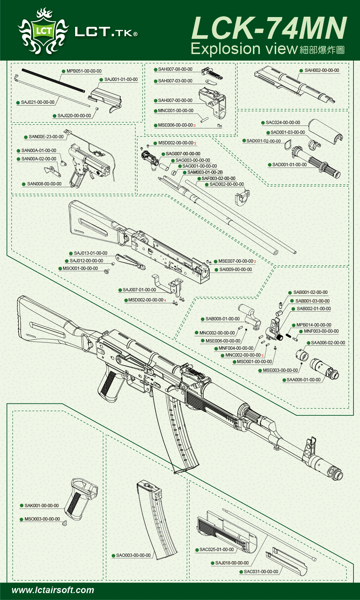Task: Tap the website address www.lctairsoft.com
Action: [53, 590]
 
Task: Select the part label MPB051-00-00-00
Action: [84, 71]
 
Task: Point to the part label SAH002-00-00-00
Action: [322, 70]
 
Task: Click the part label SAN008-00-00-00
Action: [44, 184]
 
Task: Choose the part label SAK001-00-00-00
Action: [41, 505]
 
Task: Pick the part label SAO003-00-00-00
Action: [133, 555]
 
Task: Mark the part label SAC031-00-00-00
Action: [261, 572]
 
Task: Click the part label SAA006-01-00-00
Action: [303, 380]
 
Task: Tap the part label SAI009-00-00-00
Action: [236, 270]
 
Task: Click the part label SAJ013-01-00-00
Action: [90, 253]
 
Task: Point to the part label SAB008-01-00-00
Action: [222, 319]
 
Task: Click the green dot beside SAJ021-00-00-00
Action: [18, 103]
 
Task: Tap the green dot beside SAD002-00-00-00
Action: [206, 184]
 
